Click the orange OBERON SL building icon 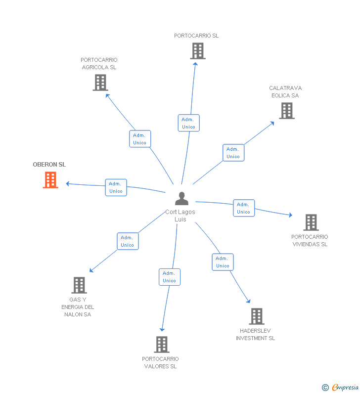[50, 180]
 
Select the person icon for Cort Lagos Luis [182, 199]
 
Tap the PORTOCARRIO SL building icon [197, 51]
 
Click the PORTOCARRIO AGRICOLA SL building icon [100, 83]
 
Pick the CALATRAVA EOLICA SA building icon [287, 111]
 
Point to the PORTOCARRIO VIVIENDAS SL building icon [311, 222]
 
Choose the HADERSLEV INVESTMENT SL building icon [257, 316]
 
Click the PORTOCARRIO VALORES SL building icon [162, 345]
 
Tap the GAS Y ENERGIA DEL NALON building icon [79, 285]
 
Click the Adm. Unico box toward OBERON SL [116, 187]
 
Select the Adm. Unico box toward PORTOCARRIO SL [188, 123]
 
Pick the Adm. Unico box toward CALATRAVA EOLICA [233, 153]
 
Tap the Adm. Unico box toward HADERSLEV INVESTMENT [223, 262]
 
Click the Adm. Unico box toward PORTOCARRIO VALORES [169, 277]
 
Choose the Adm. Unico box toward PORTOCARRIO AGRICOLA [139, 139]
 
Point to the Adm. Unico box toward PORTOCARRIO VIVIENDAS [243, 208]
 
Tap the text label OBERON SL [49, 165]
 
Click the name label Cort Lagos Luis [180, 216]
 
